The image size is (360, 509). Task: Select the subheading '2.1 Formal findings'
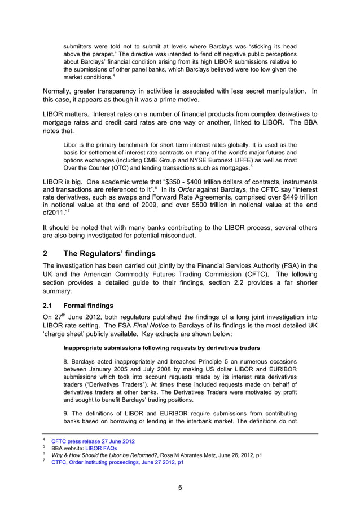[78, 305]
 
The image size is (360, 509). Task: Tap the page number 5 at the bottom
[180, 488]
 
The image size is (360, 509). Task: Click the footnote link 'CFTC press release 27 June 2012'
[93, 441]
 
